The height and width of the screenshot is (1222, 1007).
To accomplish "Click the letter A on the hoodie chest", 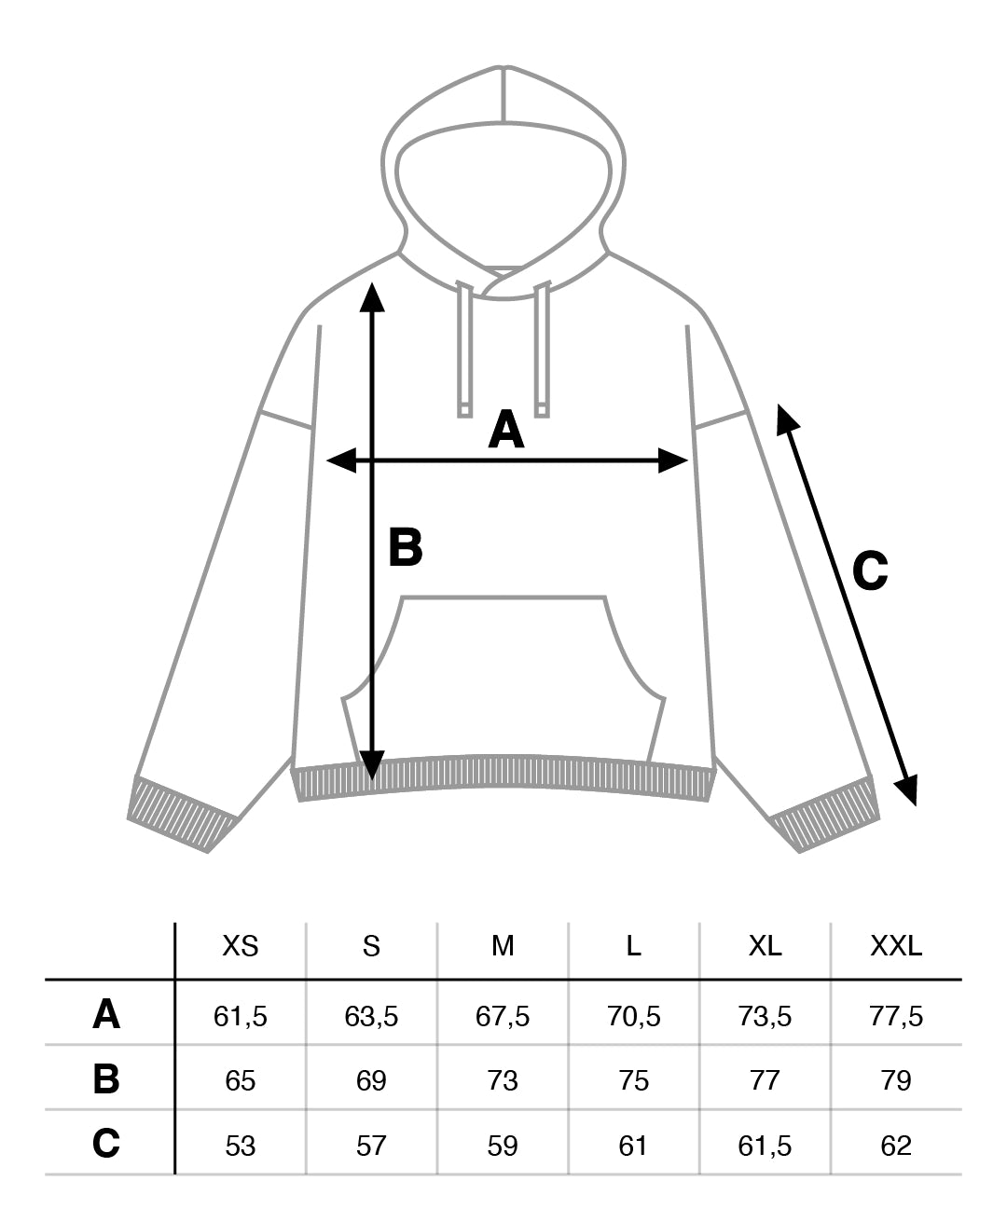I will pyautogui.click(x=505, y=430).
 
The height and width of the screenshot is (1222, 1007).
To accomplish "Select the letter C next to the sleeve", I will pyautogui.click(x=870, y=570).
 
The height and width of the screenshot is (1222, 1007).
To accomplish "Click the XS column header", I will pyautogui.click(x=241, y=947).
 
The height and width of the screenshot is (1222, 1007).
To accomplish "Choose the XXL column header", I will pyautogui.click(x=896, y=947).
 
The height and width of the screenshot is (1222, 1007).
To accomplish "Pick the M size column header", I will pyautogui.click(x=503, y=947).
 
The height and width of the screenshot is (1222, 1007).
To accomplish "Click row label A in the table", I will pyautogui.click(x=106, y=1014).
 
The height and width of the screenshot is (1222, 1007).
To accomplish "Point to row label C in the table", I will pyautogui.click(x=106, y=1143).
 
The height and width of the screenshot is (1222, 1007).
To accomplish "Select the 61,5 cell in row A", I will pyautogui.click(x=241, y=1016).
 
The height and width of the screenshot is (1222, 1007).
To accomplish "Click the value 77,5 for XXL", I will pyautogui.click(x=896, y=1016).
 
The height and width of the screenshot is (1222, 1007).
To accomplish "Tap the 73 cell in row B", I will pyautogui.click(x=503, y=1080).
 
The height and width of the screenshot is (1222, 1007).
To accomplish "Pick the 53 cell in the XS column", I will pyautogui.click(x=241, y=1145).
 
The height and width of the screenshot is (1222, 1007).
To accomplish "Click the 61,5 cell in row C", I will pyautogui.click(x=765, y=1145).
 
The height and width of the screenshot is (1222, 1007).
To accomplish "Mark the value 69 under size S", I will pyautogui.click(x=371, y=1080).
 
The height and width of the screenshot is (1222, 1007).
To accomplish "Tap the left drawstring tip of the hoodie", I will pyautogui.click(x=463, y=408).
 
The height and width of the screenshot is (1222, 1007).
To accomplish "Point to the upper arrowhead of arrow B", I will pyautogui.click(x=372, y=295).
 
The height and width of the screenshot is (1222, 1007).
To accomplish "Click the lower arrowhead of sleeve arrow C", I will pyautogui.click(x=907, y=791).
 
